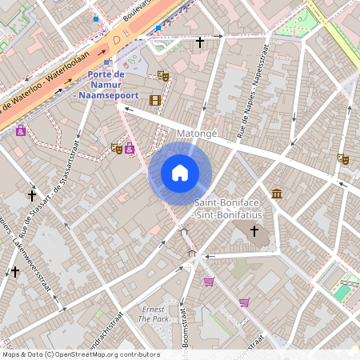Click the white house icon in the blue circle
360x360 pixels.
pyautogui.click(x=180, y=172)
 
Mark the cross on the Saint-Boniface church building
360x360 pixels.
pyautogui.click(x=254, y=231)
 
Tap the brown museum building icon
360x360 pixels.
pyautogui.click(x=277, y=193)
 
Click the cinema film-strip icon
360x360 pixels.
pyautogui.click(x=154, y=100)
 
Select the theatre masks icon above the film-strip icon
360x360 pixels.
pyautogui.click(x=164, y=76)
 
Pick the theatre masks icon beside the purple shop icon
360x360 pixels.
pyautogui.click(x=117, y=148)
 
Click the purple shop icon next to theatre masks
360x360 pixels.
pyautogui.click(x=129, y=148)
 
